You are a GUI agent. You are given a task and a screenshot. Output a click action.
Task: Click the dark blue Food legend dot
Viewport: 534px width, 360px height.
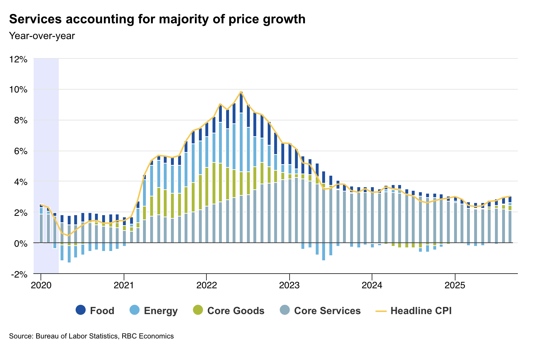[x=81, y=310]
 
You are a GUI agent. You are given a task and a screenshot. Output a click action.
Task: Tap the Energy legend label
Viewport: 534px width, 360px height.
[x=161, y=311]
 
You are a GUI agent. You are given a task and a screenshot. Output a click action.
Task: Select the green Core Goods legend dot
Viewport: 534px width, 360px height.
[x=198, y=310]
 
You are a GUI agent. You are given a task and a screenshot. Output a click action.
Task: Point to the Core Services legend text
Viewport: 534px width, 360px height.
[x=327, y=311]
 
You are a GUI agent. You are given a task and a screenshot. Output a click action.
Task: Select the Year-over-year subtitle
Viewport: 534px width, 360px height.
[x=42, y=35]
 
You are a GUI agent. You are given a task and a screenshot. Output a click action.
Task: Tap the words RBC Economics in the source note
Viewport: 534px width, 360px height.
[x=148, y=336]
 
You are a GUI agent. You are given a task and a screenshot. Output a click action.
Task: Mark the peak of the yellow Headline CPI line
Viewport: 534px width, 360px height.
[x=241, y=92]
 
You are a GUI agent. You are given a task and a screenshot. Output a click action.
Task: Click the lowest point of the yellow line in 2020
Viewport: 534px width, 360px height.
[x=69, y=236]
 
